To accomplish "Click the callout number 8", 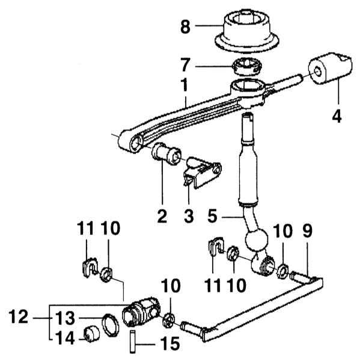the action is click(185, 26).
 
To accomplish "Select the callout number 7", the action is click(185, 66).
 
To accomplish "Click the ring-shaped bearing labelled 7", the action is click(247, 67).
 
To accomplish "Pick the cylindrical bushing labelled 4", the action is click(330, 68).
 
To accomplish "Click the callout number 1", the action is click(185, 85).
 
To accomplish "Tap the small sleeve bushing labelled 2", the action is click(166, 153).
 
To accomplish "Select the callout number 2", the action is click(162, 216).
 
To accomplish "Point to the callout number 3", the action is click(189, 216).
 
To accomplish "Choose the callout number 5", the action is click(212, 216).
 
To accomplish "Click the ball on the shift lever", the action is click(257, 239).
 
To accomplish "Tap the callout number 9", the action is click(308, 231).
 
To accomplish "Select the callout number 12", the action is click(19, 317).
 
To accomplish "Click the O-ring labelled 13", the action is click(111, 325).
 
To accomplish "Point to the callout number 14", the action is click(65, 338).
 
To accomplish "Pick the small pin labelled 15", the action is click(132, 341).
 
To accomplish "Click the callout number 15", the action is click(170, 344).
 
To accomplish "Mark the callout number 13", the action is click(65, 318).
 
